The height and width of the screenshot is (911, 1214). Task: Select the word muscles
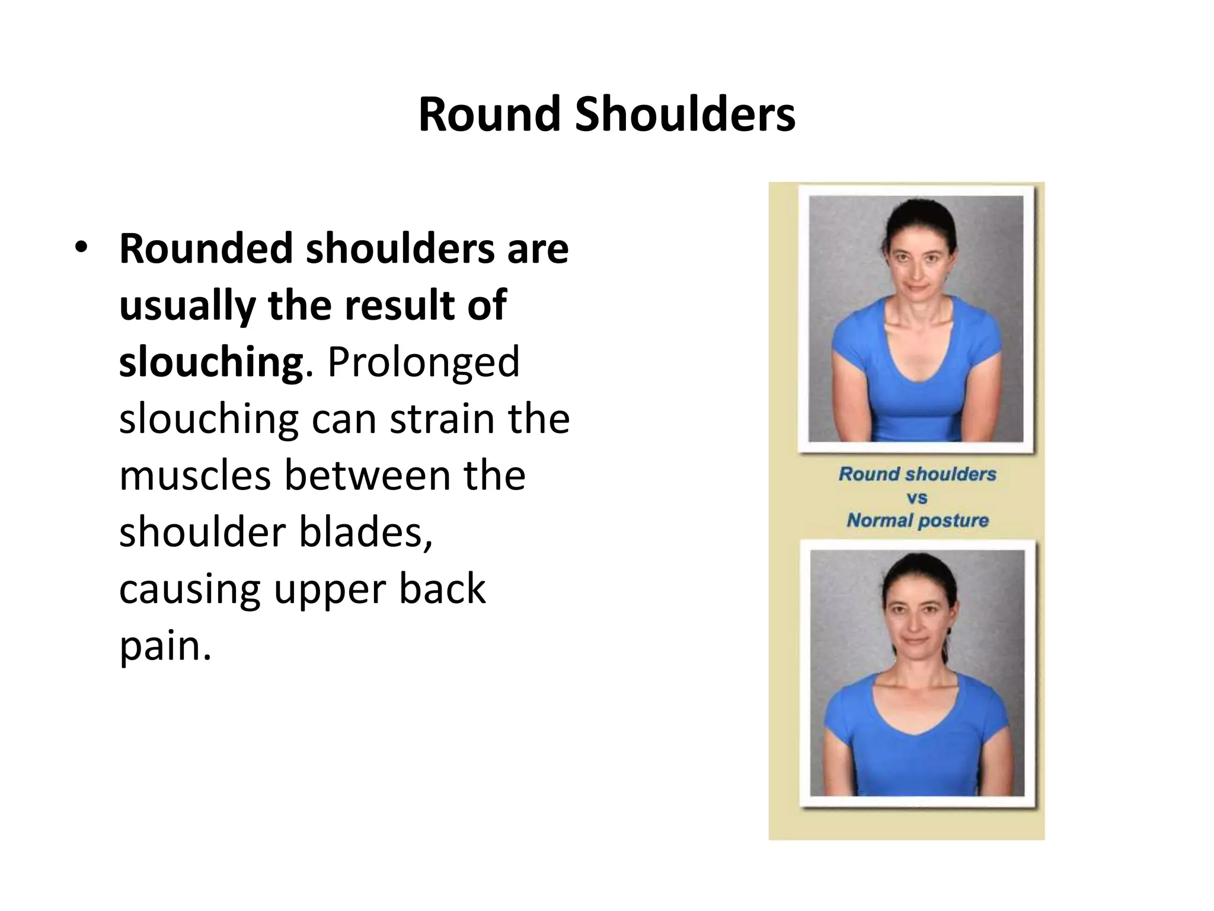(195, 475)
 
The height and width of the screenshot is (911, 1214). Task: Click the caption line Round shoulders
(917, 474)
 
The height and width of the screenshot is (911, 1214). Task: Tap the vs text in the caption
(916, 498)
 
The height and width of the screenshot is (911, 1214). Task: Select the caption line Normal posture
(917, 521)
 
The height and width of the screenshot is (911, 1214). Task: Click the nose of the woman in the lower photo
(915, 626)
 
